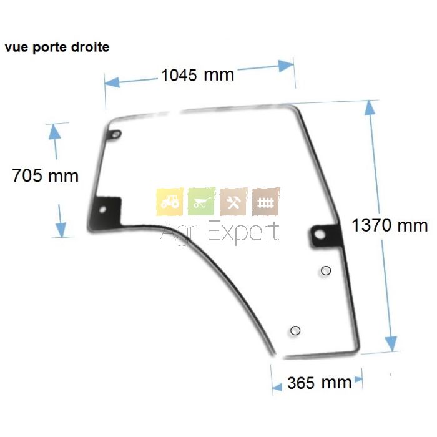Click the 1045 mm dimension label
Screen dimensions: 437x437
coord(198,75)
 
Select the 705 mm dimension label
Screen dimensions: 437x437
coord(45,175)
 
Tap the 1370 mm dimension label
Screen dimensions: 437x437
coord(390,225)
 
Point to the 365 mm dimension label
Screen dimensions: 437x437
coord(320,383)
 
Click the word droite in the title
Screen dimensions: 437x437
coord(90,47)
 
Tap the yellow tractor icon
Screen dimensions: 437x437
coord(170,202)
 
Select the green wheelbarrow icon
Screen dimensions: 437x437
coord(202,202)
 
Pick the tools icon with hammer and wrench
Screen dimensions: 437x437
coord(233,202)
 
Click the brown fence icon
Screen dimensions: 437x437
coord(265,202)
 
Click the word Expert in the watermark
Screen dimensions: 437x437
coord(243,232)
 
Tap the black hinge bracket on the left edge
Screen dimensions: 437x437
coord(105,214)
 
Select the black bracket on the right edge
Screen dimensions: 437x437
coord(326,235)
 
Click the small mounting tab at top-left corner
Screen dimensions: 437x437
coord(115,135)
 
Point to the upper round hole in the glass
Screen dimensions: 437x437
coord(326,270)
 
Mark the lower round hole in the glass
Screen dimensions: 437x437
coord(295,331)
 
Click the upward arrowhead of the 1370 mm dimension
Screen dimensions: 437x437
coord(370,107)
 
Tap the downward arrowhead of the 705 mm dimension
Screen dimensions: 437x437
coord(61,230)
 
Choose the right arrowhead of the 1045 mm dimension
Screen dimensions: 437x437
coord(286,66)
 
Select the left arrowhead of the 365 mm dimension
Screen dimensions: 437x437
coord(277,387)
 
